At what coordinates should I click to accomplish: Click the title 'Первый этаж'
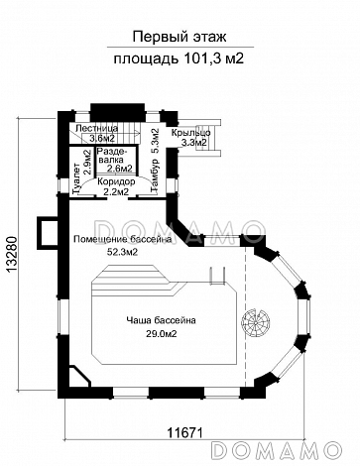pos(180,37)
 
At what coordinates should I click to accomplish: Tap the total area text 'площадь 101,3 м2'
pos(179,58)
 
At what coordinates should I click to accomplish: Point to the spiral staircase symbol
pos(256,321)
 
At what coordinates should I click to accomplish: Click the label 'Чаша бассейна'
pos(161,320)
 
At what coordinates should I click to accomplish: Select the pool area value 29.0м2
pos(161,334)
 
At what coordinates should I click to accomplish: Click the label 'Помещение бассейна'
pos(123,239)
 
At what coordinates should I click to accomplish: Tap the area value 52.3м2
pos(122,252)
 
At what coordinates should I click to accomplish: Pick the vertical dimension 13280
pos(11,255)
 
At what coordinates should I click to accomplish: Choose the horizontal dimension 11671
pos(184,432)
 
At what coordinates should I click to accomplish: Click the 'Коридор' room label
pos(116,181)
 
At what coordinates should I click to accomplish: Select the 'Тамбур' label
pos(155,175)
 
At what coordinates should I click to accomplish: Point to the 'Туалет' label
pos(75,178)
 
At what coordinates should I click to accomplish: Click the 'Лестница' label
pos(96,128)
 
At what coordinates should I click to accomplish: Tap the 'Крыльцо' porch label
pos(191,133)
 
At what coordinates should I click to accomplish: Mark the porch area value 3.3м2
pos(193,143)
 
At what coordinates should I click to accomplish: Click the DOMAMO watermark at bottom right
pos(277,450)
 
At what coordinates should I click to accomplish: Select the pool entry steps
pos(131,280)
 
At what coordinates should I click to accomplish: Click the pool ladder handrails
pos(217,275)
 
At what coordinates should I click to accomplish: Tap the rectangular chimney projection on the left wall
pos(48,232)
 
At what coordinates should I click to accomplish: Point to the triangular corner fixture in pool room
pos(79,376)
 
